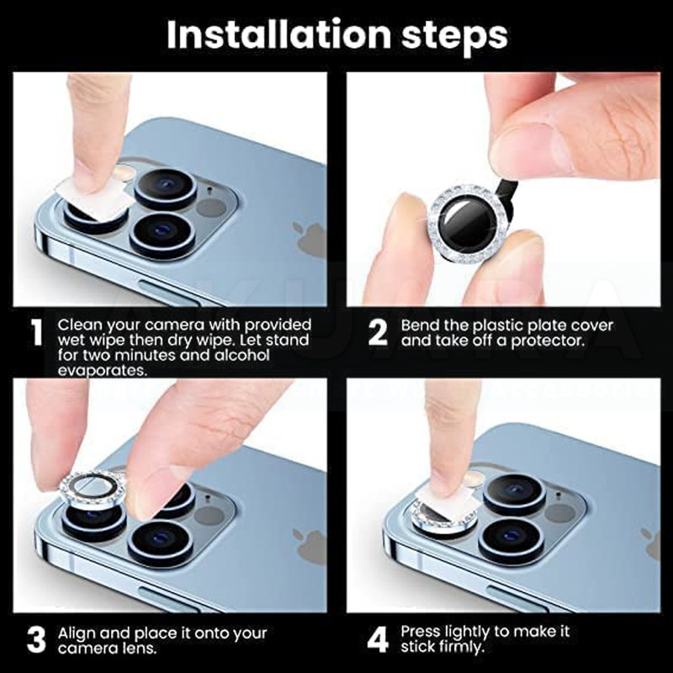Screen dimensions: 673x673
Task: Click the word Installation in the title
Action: click(279, 34)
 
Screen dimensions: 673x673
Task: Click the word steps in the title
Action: click(454, 36)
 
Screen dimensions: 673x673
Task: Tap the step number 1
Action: click(37, 331)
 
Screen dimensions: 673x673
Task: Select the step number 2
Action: click(378, 331)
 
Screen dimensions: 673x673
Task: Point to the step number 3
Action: click(36, 639)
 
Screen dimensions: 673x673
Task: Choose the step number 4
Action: click(378, 639)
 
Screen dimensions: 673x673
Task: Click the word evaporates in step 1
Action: click(102, 371)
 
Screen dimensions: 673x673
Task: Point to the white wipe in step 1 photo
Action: click(93, 199)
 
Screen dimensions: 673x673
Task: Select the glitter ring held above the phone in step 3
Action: click(93, 489)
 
